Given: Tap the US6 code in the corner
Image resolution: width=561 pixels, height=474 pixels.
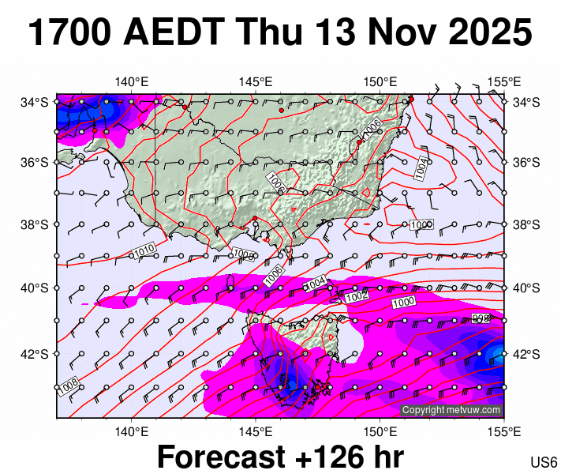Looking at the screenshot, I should pos(544,462).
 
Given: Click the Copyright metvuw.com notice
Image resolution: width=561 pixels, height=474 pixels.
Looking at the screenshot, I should pos(451,410).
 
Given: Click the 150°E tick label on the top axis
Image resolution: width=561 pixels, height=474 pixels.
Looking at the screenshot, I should pos(380,81).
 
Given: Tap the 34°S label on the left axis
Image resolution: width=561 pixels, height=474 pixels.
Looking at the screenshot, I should pos(35,102).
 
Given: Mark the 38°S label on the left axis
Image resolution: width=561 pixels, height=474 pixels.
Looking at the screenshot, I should pos(35,225).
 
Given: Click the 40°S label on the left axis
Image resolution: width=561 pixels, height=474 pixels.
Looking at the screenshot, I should pos(35,288).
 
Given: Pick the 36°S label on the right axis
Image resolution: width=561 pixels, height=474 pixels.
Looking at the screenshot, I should pos(526,163).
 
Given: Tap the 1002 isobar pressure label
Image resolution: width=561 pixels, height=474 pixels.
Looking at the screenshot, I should pos(357,296).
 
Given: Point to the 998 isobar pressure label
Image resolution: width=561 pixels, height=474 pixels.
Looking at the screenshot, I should pos(481,318).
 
